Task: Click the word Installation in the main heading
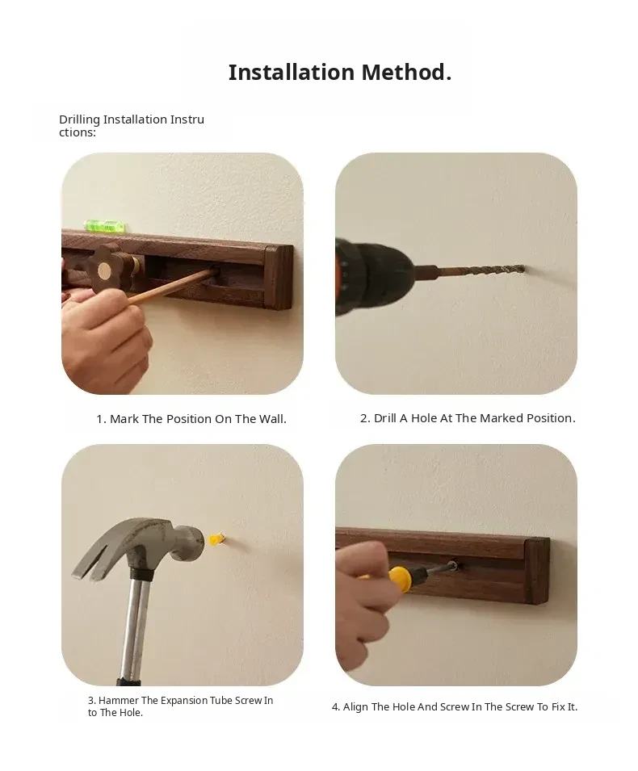[292, 73]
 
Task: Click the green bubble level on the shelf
[105, 226]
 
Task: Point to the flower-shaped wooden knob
[107, 269]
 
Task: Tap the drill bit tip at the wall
[523, 269]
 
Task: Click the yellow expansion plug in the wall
[217, 539]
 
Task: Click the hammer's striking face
[196, 543]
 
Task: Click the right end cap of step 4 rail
[536, 571]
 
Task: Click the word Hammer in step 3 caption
[119, 700]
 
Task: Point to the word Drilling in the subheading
[79, 120]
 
